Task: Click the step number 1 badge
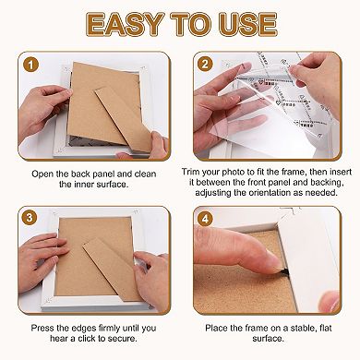pyautogui.click(x=30, y=66)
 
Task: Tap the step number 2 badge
pyautogui.click(x=205, y=65)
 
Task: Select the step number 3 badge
pyautogui.click(x=30, y=218)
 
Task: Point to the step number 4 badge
pyautogui.click(x=205, y=219)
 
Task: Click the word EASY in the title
pyautogui.click(x=126, y=24)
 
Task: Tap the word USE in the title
pyautogui.click(x=248, y=24)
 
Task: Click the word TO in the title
pyautogui.click(x=192, y=24)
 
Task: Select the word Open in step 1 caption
pyautogui.click(x=42, y=174)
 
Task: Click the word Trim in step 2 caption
pyautogui.click(x=192, y=172)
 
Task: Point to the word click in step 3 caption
pyautogui.click(x=87, y=339)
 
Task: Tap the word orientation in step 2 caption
pyautogui.click(x=275, y=193)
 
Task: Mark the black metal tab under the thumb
pyautogui.click(x=285, y=271)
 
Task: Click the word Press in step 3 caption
pyautogui.click(x=42, y=328)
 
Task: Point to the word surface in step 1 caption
pyautogui.click(x=112, y=185)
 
